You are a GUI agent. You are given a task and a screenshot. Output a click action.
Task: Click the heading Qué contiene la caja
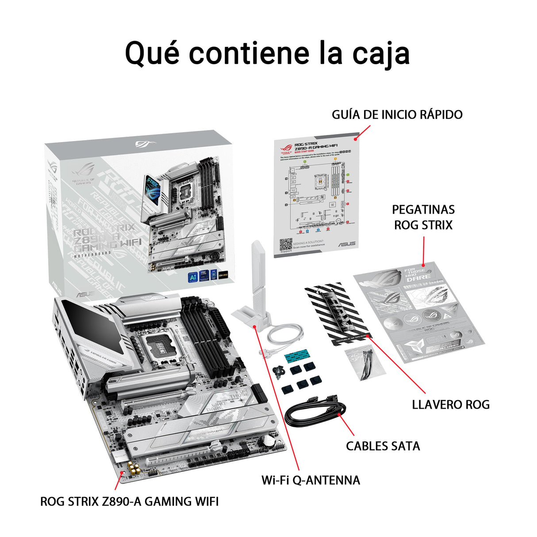[x=267, y=53]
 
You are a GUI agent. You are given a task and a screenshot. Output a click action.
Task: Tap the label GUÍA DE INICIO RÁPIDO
[x=397, y=115]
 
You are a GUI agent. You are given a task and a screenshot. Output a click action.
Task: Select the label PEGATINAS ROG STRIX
[x=423, y=217]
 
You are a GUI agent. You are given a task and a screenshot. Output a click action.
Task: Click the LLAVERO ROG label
[x=450, y=404]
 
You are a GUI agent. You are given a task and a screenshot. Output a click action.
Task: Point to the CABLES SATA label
[x=383, y=445]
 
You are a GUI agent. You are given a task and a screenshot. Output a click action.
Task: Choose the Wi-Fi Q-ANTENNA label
[x=311, y=480]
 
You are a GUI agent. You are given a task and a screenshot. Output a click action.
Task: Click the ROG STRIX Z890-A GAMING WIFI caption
[x=129, y=502]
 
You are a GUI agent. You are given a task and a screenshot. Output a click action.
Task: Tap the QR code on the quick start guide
[x=286, y=245]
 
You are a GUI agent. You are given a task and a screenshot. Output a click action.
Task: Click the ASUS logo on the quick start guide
[x=346, y=244]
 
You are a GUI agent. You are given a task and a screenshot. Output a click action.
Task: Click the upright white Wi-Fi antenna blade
[x=257, y=274]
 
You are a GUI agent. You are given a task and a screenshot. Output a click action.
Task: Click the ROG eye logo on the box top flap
[x=143, y=144]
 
